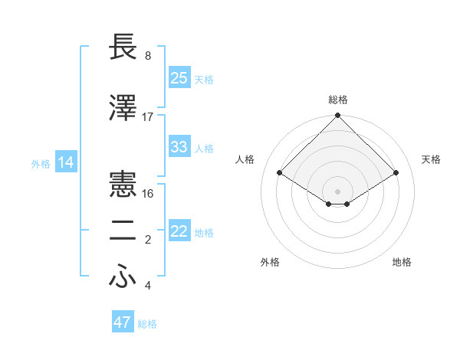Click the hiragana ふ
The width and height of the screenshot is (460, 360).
tap(123, 277)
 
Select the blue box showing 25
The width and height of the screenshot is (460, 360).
tap(179, 77)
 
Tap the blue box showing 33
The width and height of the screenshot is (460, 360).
tap(179, 147)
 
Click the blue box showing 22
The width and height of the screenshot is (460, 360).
tap(179, 231)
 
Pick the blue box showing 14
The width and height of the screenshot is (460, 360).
tap(65, 162)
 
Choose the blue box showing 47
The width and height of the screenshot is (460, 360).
tap(123, 322)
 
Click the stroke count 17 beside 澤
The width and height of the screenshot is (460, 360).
tap(148, 116)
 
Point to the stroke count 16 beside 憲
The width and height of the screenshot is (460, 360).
tap(149, 193)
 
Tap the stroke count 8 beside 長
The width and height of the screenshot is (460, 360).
tap(148, 56)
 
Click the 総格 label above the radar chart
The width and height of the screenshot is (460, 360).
tap(338, 100)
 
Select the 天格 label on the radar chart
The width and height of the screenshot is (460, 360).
tap(431, 159)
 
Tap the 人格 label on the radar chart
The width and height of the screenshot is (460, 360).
tap(245, 159)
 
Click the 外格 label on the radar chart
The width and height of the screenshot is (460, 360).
tap(270, 262)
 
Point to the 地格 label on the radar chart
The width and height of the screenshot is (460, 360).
tap(402, 262)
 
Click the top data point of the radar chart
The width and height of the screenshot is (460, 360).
tap(338, 116)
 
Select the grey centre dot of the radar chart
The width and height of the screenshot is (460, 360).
tap(338, 190)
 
